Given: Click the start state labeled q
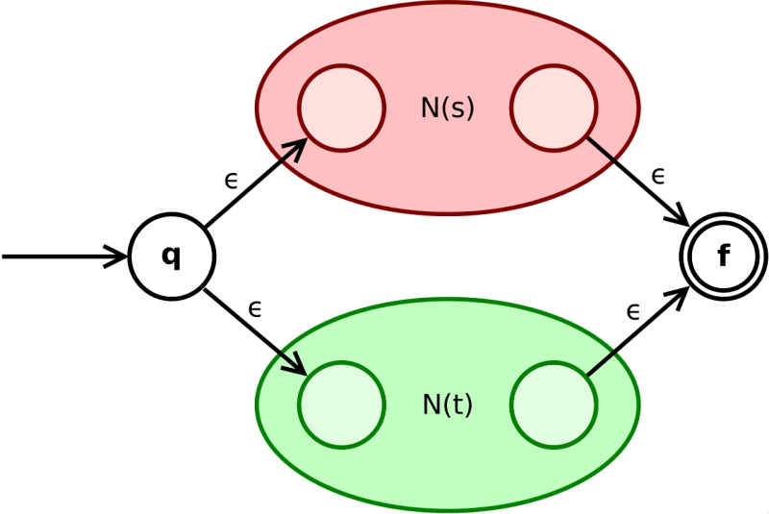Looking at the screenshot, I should (171, 257).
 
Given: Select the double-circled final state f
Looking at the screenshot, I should (723, 257).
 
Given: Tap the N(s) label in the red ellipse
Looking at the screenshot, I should (448, 108).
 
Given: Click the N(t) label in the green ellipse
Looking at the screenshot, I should (448, 404).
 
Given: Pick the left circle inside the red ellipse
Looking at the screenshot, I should (341, 108).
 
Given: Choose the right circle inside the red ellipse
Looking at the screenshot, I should (553, 108).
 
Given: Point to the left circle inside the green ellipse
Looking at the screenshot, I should (341, 404).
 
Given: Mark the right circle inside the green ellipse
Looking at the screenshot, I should (553, 404).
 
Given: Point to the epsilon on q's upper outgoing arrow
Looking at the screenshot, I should (231, 180).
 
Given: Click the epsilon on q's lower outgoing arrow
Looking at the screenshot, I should (255, 308).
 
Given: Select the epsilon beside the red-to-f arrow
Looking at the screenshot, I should (657, 176).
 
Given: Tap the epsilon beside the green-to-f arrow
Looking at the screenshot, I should (633, 311).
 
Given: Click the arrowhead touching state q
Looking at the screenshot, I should (119, 257).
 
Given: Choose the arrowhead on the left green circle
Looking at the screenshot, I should (298, 367).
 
